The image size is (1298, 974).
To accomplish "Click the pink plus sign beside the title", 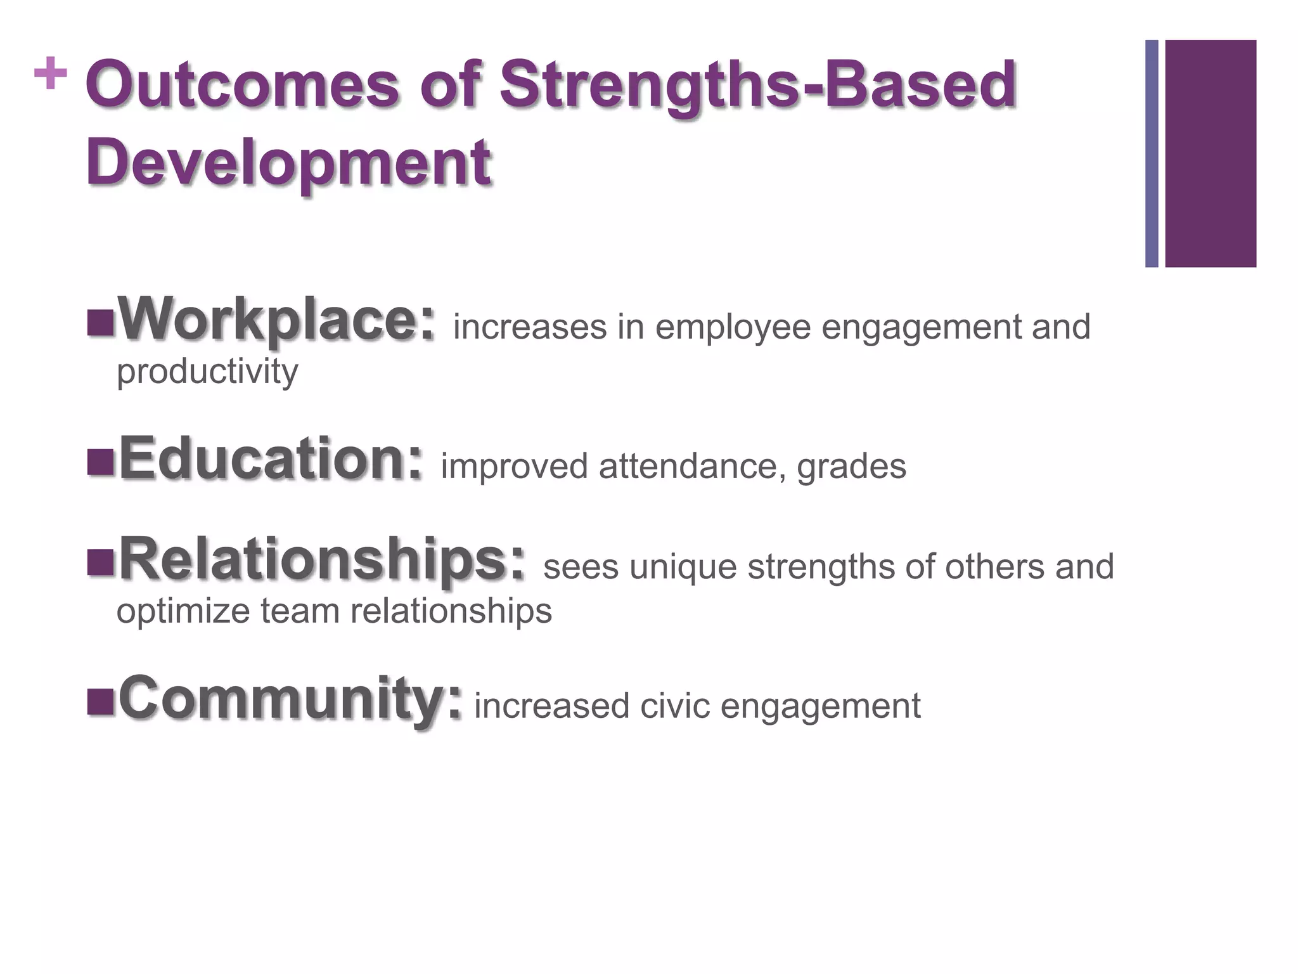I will tap(50, 74).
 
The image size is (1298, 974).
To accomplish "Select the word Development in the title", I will tap(288, 162).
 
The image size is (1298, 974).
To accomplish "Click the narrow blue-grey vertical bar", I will tap(1152, 153).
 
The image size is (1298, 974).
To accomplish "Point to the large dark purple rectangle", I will tap(1211, 153).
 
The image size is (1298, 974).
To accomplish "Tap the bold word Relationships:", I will tap(323, 558).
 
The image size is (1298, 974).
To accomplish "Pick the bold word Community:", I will tap(290, 698).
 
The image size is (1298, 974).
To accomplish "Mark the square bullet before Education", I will tap(100, 462).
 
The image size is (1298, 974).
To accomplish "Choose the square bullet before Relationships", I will tap(100, 562).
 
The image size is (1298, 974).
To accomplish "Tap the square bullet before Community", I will tap(100, 702).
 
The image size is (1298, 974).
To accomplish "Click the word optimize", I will tap(184, 611).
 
